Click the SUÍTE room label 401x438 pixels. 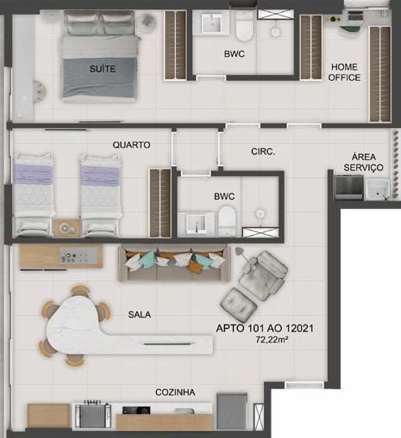click(x=103, y=69)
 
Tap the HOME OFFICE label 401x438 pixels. click(x=344, y=72)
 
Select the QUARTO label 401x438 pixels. click(x=131, y=145)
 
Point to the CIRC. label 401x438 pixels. click(x=263, y=151)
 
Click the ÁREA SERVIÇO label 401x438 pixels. click(x=364, y=162)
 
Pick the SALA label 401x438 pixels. click(x=140, y=315)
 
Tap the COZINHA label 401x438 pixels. click(x=175, y=392)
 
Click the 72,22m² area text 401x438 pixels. click(x=272, y=340)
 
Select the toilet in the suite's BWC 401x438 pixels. click(x=244, y=26)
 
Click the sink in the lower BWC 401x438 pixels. click(x=197, y=224)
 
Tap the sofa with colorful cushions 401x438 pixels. click(x=174, y=263)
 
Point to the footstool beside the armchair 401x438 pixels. click(x=239, y=305)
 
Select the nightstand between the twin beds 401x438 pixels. click(x=67, y=228)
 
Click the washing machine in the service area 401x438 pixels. click(x=348, y=188)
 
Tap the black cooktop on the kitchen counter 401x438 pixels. click(x=136, y=410)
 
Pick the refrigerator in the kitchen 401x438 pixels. click(x=232, y=411)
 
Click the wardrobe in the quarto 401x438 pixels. click(x=160, y=203)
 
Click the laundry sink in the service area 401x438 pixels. click(x=377, y=189)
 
